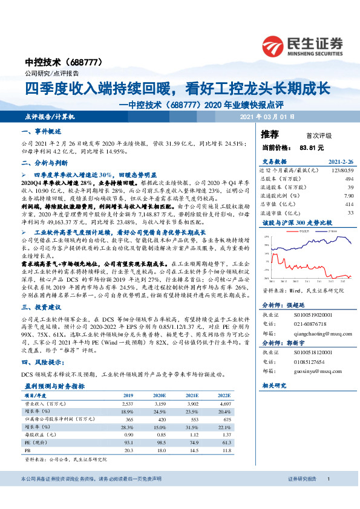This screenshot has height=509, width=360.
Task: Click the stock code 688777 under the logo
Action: coord(88,62)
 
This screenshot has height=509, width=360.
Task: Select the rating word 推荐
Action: coord(269,134)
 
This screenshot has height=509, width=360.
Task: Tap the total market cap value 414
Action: coord(349,204)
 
